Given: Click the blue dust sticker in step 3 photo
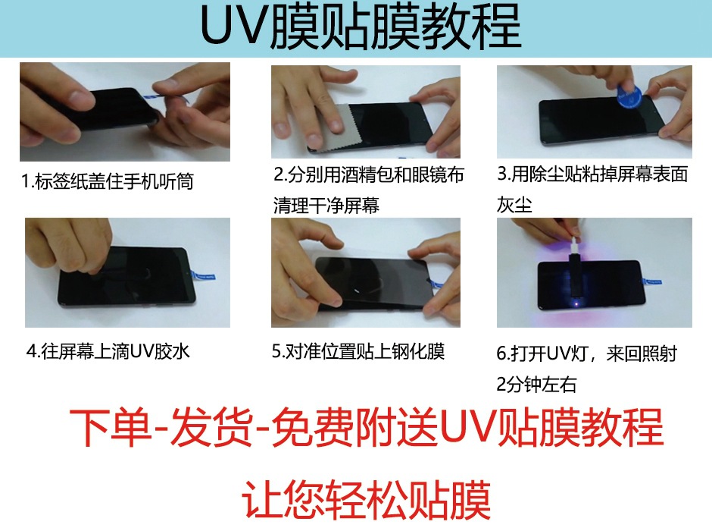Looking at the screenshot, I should tap(628, 95).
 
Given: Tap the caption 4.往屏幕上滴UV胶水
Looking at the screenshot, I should tap(117, 351).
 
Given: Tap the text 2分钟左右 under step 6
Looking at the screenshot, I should tap(536, 385).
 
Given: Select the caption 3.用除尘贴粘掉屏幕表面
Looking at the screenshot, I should tap(592, 174).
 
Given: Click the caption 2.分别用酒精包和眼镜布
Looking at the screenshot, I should tap(368, 175).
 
